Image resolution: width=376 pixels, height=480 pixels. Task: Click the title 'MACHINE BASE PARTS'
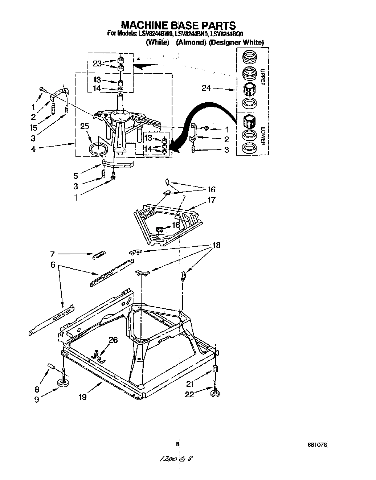[x=178, y=25]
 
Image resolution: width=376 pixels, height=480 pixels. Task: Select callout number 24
[x=207, y=88]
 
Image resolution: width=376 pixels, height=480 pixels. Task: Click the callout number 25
[x=85, y=126]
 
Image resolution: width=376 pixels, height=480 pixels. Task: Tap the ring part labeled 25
[x=99, y=148]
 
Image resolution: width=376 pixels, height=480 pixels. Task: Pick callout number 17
[x=212, y=200]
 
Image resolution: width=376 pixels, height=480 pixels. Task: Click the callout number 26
[x=113, y=340]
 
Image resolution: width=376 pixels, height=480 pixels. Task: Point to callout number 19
[x=82, y=397]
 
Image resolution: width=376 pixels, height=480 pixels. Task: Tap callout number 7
[x=53, y=255]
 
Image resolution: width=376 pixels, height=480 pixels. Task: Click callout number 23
[x=97, y=63]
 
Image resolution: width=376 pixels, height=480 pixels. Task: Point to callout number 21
[x=190, y=384]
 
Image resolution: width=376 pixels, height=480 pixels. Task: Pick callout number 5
[x=75, y=176]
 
